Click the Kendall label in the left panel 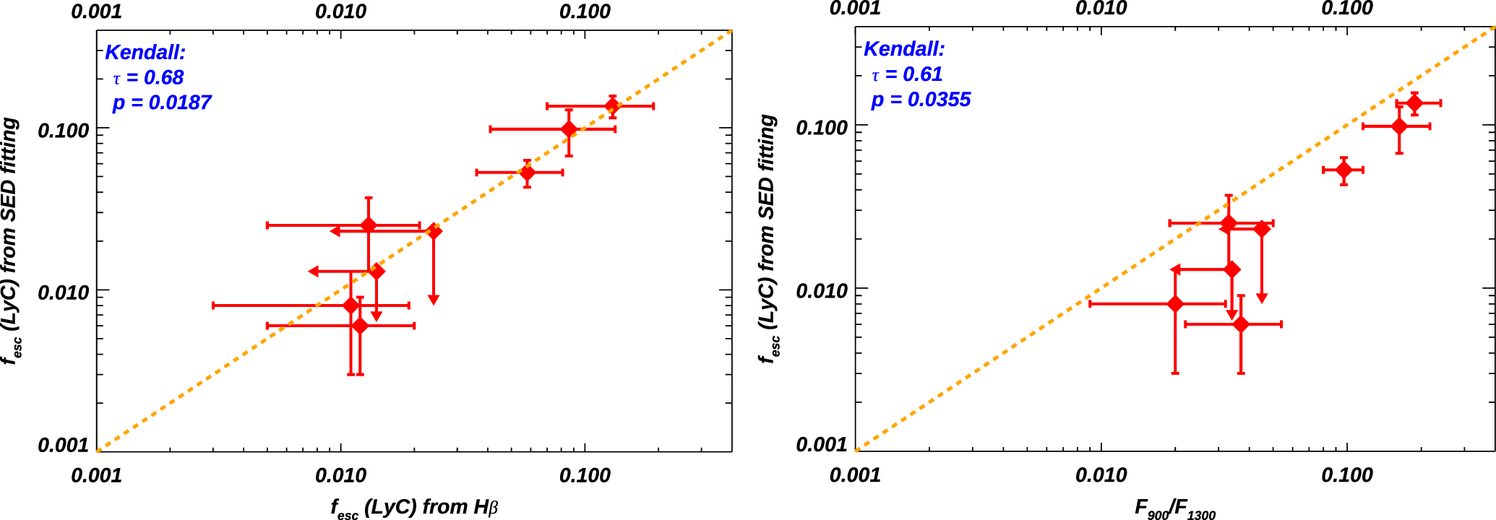145,52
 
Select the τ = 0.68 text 148,77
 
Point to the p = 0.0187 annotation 162,103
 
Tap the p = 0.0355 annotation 921,100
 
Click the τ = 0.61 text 907,74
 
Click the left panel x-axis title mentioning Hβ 414,508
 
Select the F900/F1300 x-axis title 1174,509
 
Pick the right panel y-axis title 769,238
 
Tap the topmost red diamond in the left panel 612,106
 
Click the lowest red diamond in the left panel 360,326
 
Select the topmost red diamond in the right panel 1414,103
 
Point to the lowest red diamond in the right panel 1241,324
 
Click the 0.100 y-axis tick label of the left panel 63,131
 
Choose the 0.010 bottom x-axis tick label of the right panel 1101,474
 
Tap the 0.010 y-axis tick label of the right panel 822,291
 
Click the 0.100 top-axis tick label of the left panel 585,12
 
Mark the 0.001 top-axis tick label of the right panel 855,9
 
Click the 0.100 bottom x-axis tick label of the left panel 585,475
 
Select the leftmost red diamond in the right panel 1175,304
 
